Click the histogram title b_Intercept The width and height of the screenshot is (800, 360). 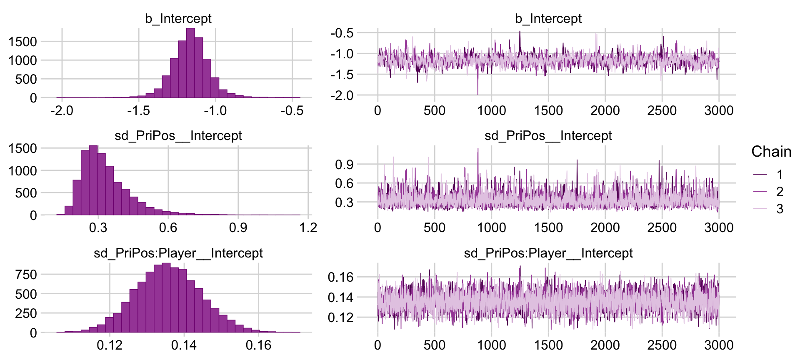178,19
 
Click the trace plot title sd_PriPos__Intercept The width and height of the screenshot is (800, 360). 548,136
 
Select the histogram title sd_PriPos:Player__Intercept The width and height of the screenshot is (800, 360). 178,253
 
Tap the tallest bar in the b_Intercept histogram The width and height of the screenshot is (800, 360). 190,62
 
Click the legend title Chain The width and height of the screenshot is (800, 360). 771,152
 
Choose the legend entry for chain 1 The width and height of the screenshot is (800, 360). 780,175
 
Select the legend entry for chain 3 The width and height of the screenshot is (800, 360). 780,209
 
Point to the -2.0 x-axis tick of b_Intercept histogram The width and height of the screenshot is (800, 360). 62,111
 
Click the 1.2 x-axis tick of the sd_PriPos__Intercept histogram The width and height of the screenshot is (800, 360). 308,228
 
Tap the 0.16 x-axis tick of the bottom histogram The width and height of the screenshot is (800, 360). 258,345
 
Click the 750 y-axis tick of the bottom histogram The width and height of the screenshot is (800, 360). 26,275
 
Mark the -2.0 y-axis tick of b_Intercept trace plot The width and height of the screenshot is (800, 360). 342,95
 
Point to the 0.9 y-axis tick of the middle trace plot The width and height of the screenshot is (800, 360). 344,165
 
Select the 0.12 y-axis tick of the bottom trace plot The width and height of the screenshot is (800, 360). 340,317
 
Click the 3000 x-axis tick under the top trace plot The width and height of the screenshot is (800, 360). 719,111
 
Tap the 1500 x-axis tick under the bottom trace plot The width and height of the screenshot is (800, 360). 548,345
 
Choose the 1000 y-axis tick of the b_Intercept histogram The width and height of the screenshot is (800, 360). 22,60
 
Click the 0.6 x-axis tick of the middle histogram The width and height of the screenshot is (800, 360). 168,228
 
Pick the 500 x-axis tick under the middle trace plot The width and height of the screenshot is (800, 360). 435,228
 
